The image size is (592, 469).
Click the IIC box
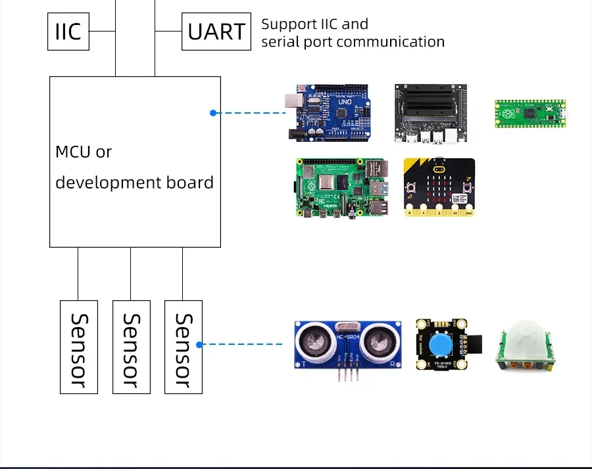(x=68, y=32)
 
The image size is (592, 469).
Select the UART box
(x=216, y=32)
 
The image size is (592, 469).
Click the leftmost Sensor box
(x=79, y=347)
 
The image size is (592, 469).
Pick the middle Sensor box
(x=132, y=347)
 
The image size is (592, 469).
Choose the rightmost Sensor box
(x=184, y=347)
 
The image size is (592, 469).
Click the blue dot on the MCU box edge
(x=213, y=113)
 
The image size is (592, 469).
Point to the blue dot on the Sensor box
(x=199, y=344)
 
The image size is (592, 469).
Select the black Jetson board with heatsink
(x=431, y=113)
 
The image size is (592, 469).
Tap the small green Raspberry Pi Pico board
(x=530, y=113)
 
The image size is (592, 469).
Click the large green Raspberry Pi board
(x=338, y=188)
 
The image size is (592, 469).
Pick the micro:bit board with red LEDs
(x=439, y=188)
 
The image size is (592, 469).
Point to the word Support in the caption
(x=288, y=24)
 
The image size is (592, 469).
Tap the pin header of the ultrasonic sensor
(x=347, y=375)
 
